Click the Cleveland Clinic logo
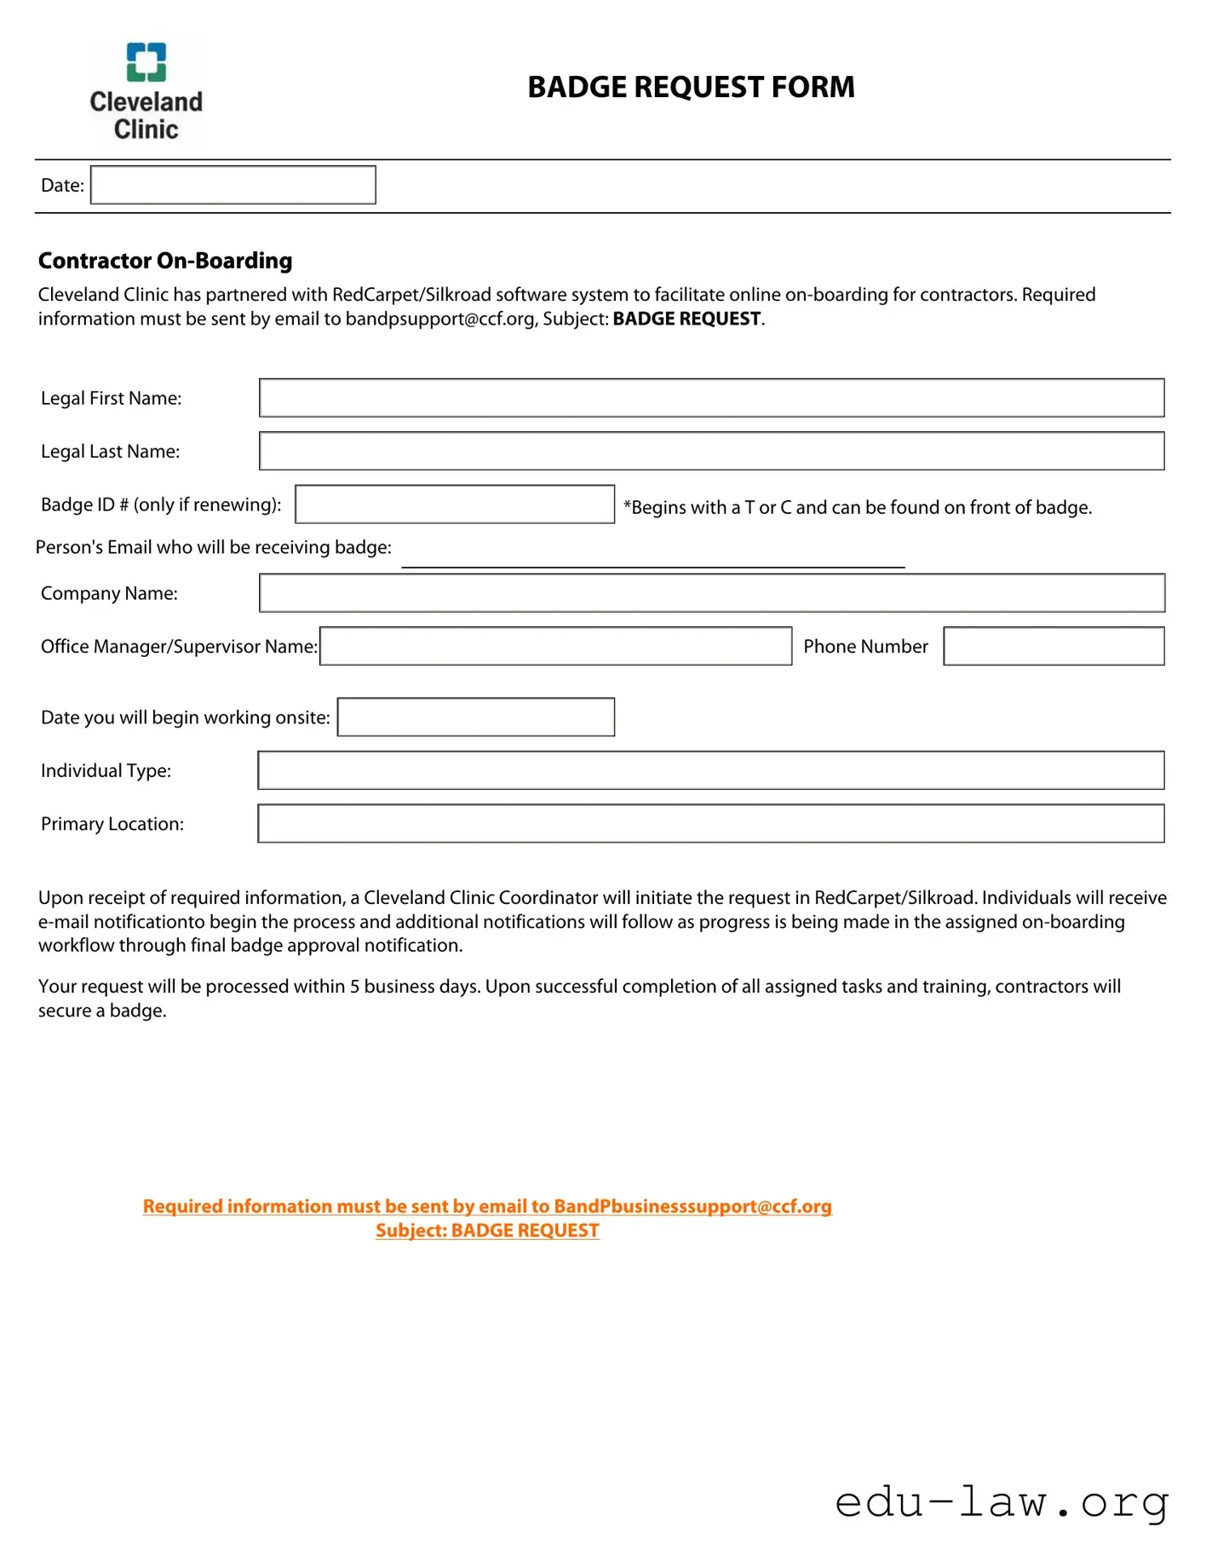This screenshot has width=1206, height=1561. (146, 92)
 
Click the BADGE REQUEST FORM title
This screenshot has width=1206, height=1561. (690, 87)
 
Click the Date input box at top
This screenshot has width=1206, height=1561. (233, 185)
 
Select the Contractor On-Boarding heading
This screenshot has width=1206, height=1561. (165, 261)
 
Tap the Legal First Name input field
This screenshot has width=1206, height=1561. (711, 398)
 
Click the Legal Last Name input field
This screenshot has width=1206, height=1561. (711, 451)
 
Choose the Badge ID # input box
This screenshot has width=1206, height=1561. (454, 504)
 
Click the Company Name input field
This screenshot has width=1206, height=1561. (711, 593)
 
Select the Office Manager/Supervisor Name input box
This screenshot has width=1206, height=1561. (555, 646)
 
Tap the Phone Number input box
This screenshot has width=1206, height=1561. (1054, 646)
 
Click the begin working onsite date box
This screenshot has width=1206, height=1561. (475, 717)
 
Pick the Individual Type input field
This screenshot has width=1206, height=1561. (711, 770)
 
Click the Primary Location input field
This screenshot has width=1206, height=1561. (711, 823)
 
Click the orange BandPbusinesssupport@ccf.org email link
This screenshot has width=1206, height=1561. (692, 1207)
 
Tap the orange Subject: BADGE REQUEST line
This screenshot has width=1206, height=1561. (487, 1230)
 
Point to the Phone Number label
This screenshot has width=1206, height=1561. (865, 647)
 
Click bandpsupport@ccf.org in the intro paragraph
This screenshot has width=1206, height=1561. (440, 320)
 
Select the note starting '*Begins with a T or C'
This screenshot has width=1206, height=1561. (857, 508)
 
